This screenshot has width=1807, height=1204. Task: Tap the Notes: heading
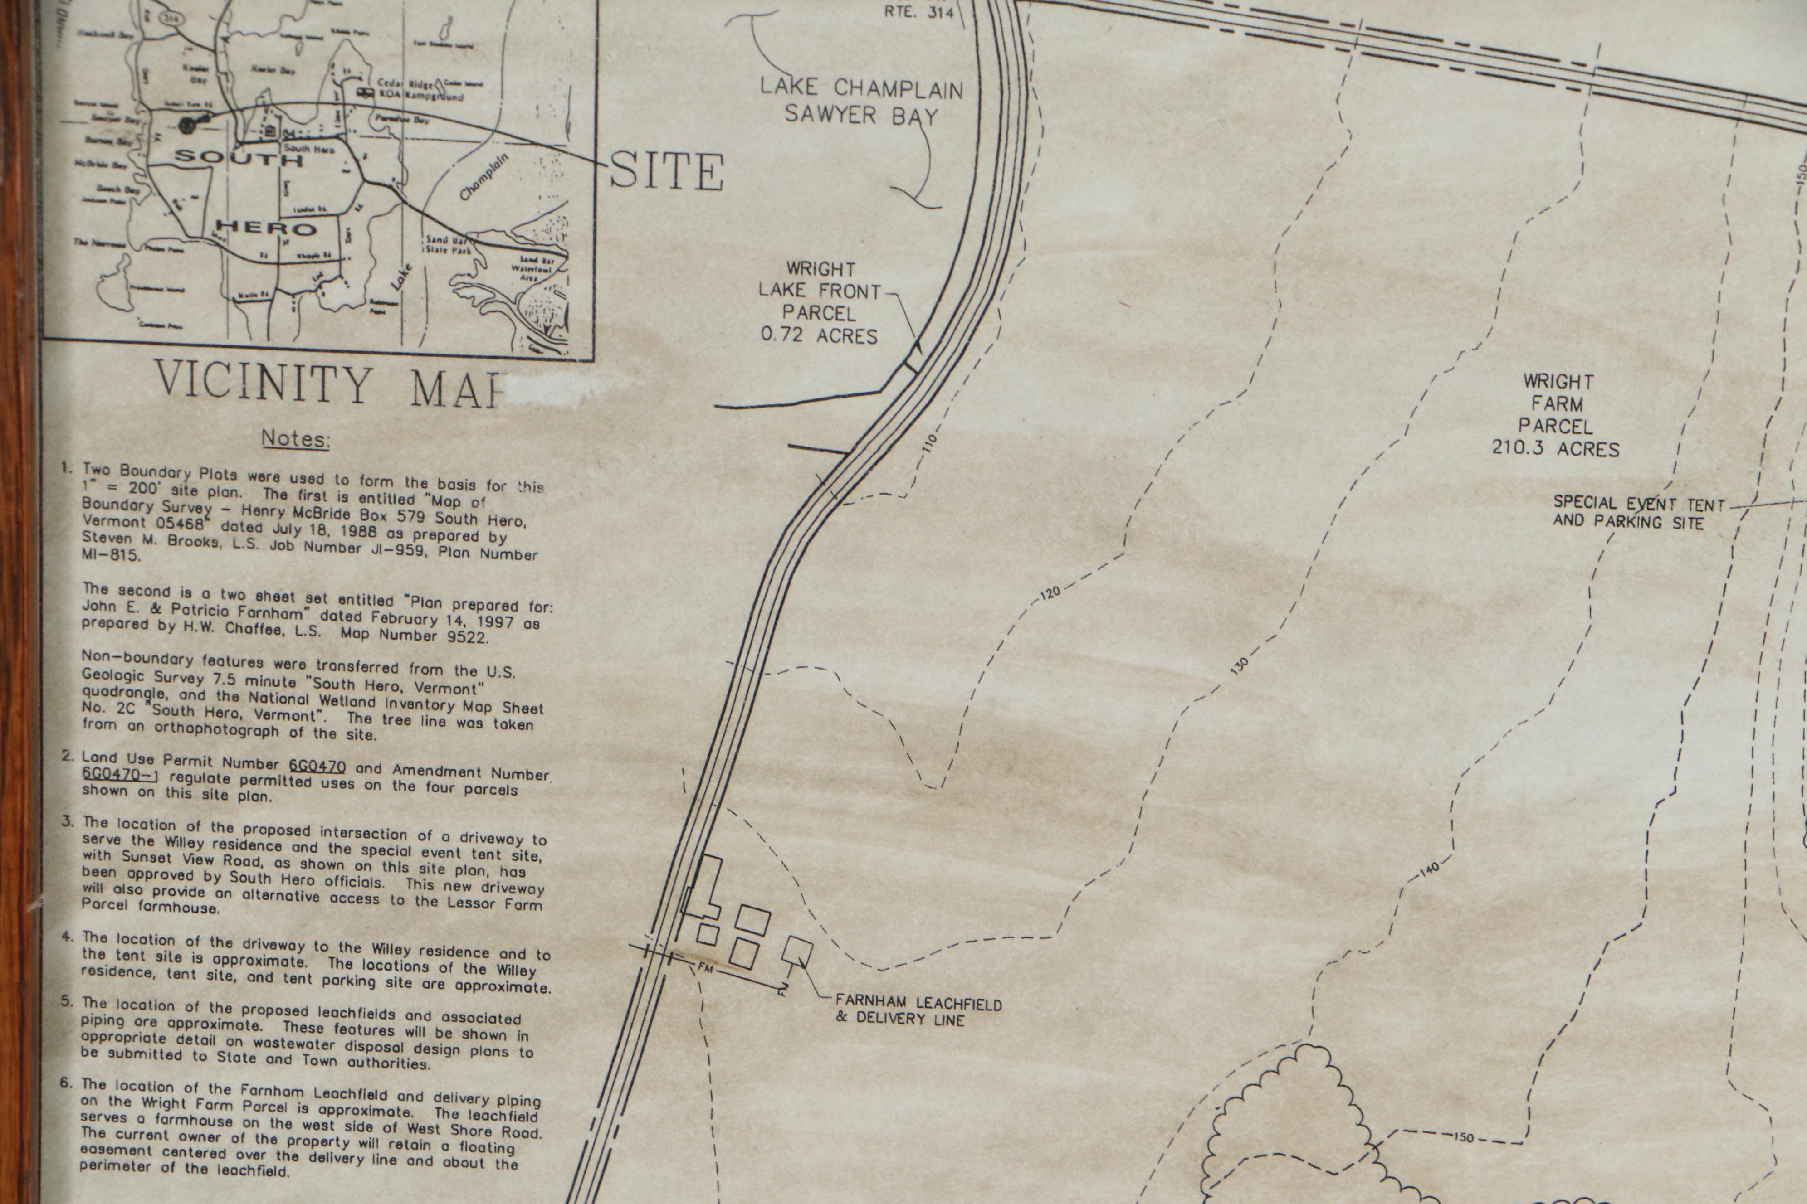(x=296, y=438)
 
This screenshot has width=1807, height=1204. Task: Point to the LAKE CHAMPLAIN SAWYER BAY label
(x=860, y=102)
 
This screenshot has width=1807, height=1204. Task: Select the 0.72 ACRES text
(x=819, y=335)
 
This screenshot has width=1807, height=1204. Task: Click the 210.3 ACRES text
(x=1556, y=448)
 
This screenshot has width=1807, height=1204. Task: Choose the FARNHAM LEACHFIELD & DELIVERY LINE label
(x=918, y=1011)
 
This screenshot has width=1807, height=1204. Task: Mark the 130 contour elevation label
(x=1239, y=666)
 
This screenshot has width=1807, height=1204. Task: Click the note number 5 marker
(x=67, y=1001)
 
